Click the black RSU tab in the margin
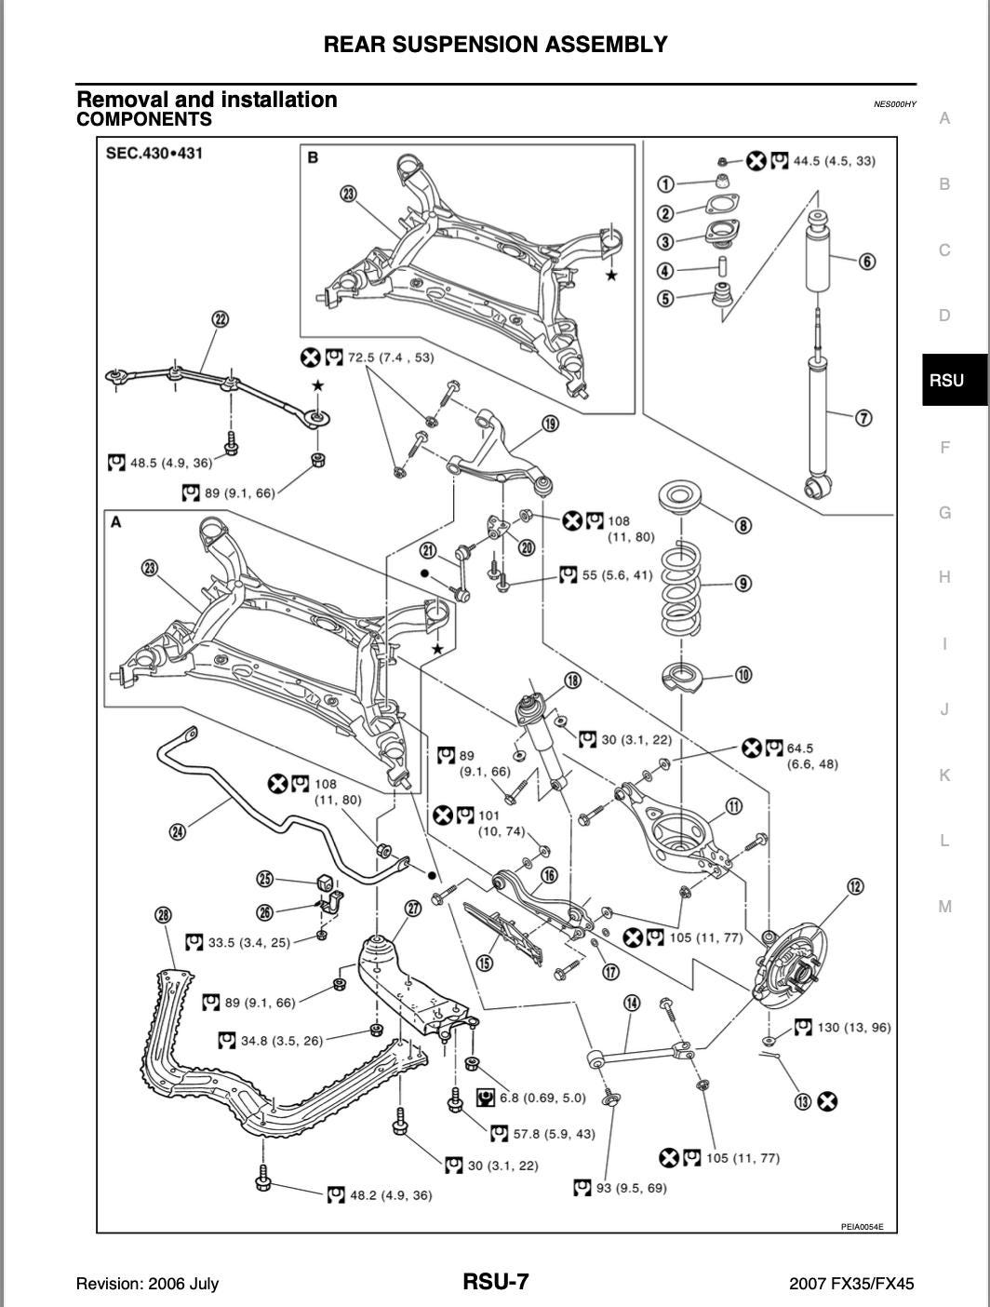[x=946, y=380]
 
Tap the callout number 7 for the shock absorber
[x=863, y=417]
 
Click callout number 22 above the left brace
[x=220, y=319]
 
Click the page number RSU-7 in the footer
[x=496, y=1282]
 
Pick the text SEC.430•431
[x=154, y=153]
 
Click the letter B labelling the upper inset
[x=313, y=157]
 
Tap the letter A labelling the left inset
[x=116, y=522]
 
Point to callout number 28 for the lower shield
[x=164, y=915]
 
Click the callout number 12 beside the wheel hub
[x=854, y=886]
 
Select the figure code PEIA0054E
[x=862, y=1226]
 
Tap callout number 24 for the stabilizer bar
[x=177, y=831]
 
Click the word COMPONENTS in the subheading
[x=144, y=119]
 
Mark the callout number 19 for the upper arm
[x=550, y=424]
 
